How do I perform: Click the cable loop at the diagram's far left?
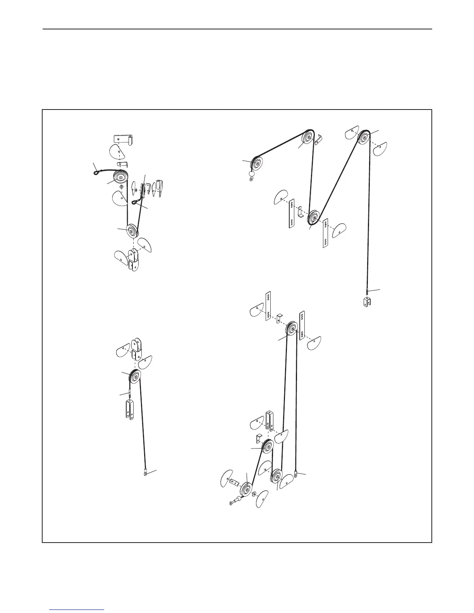pos(96,172)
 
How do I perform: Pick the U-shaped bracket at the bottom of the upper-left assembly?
pos(134,260)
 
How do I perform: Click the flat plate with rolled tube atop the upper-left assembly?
pos(124,140)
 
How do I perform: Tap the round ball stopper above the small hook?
pos(252,175)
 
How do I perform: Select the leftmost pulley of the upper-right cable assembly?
pos(256,164)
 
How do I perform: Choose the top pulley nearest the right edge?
pos(364,138)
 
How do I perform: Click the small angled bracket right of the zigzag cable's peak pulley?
pos(319,139)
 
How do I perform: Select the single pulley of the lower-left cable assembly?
pos(135,377)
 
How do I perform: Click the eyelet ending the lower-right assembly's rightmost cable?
pos(295,473)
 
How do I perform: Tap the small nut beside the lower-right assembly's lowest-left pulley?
pos(254,494)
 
